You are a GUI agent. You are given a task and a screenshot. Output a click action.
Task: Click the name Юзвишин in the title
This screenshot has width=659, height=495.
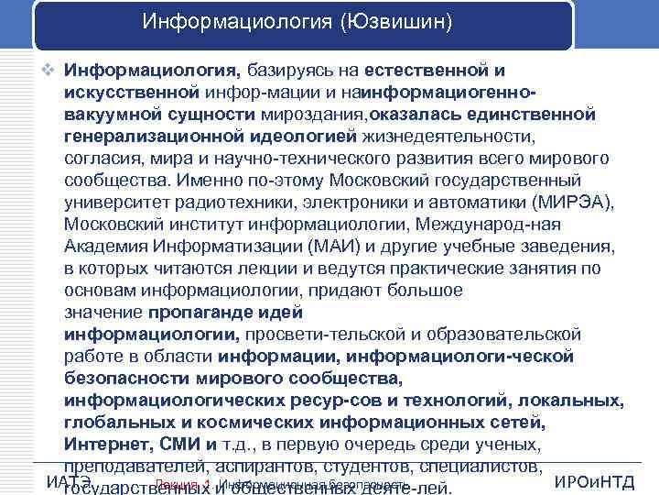coord(395,20)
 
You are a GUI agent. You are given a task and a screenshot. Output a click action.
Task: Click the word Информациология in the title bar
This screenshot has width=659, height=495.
coord(240,20)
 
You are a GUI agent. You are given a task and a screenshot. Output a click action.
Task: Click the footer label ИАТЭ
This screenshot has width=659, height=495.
coord(68,482)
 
